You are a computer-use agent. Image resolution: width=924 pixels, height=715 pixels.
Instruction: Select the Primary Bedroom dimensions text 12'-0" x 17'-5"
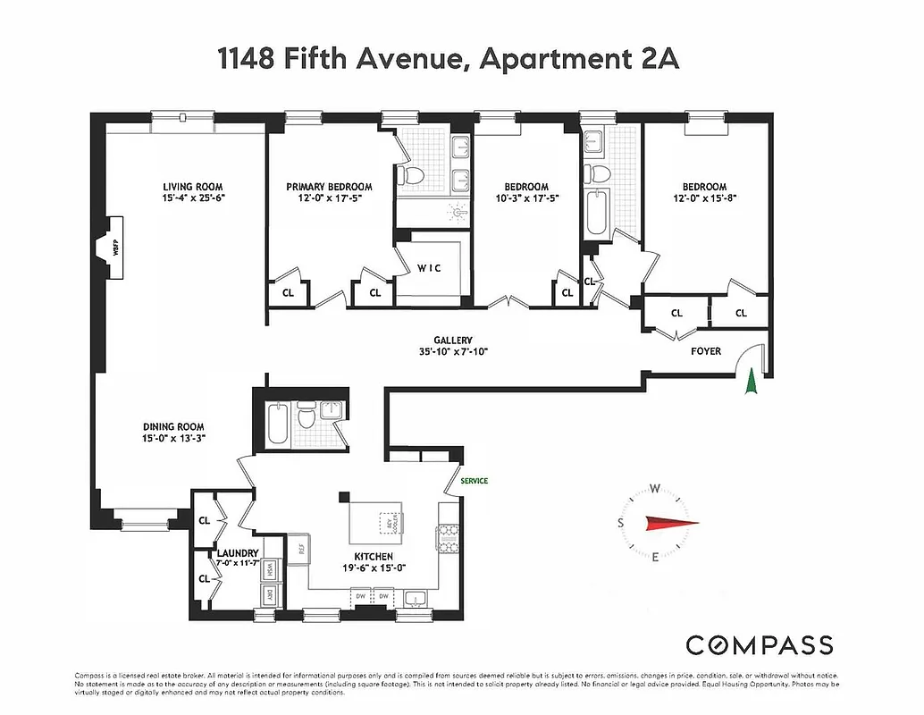[x=329, y=198]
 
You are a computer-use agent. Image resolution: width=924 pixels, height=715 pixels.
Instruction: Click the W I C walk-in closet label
[x=430, y=268]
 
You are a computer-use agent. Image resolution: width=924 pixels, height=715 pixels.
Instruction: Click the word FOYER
[x=705, y=351]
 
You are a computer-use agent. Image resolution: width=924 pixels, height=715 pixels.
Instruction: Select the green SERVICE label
[x=474, y=481]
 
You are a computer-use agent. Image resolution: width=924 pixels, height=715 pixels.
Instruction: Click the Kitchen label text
[x=372, y=556]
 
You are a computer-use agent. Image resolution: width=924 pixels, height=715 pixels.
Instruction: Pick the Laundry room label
[x=238, y=553]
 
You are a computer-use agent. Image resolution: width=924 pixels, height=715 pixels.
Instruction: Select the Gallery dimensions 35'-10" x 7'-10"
[x=453, y=352]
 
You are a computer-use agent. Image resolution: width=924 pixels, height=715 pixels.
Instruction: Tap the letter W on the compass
[x=655, y=489]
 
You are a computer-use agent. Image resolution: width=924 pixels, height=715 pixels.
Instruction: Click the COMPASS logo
[x=759, y=645]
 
